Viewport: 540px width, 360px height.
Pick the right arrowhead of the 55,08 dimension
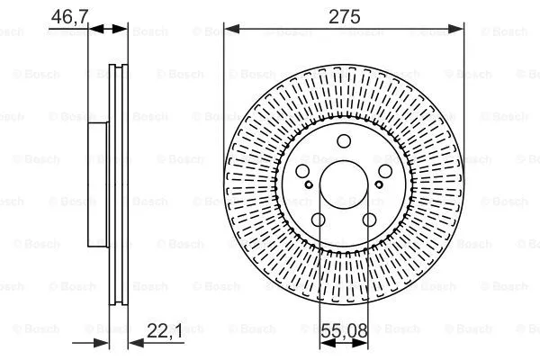[366, 342]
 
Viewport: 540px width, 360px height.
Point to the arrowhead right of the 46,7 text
[121, 30]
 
